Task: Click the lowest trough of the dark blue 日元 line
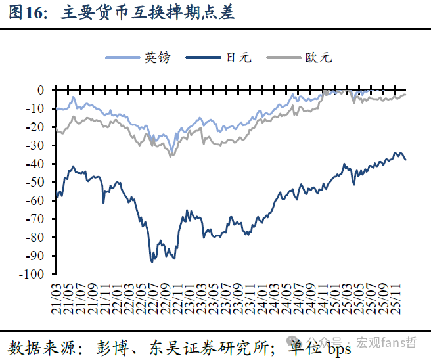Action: (x=152, y=262)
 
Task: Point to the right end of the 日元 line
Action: (x=405, y=160)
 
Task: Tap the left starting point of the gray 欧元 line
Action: (x=57, y=130)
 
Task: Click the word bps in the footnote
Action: (x=339, y=346)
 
